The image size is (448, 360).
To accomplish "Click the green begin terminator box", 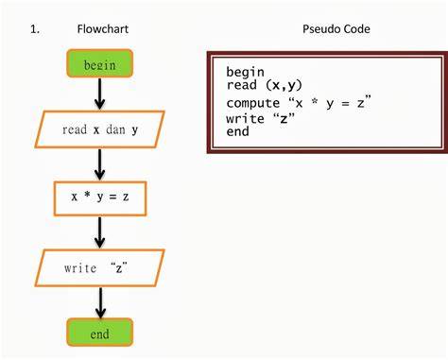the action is [x=99, y=63].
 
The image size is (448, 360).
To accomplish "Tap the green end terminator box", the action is [x=99, y=333].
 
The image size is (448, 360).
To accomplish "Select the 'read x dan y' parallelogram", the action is [x=99, y=129].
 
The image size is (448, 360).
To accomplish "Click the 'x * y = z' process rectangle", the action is [x=100, y=198].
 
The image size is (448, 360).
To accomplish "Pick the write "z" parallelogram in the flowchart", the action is [x=99, y=268].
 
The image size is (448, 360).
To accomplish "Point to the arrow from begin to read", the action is [x=99, y=94].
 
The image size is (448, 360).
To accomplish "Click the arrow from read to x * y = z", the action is [x=99, y=164].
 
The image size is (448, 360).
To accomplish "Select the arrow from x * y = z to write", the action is [x=99, y=232].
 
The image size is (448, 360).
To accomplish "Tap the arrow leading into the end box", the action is [x=100, y=302].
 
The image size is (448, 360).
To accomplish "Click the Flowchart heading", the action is [x=103, y=29].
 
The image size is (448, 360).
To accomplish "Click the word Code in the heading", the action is [x=356, y=29].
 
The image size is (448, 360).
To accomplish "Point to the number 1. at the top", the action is [x=35, y=29].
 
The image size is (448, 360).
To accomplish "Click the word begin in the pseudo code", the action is [x=245, y=72].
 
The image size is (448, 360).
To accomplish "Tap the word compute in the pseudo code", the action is [x=253, y=103].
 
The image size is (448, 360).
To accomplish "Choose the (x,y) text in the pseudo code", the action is [x=284, y=85].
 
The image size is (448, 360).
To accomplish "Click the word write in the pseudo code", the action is [x=245, y=118].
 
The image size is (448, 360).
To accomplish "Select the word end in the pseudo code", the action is [x=237, y=131].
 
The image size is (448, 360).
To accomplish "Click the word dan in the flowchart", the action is [x=115, y=129].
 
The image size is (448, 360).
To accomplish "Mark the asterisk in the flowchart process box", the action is [x=87, y=195].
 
